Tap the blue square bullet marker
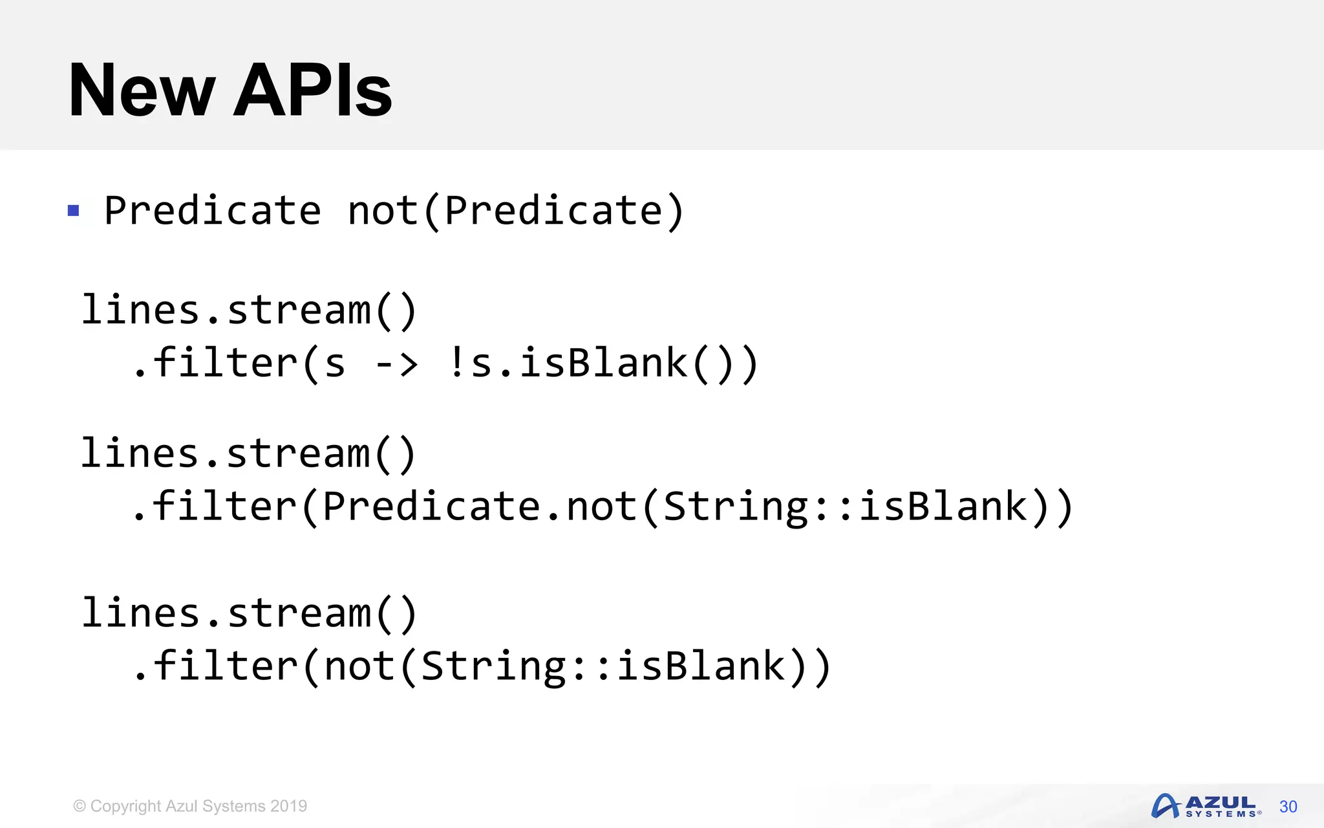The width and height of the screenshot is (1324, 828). tap(74, 211)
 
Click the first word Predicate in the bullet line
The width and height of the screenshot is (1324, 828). tap(213, 211)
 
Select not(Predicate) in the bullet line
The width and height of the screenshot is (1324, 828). tap(515, 211)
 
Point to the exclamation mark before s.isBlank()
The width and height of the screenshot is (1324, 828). tap(456, 362)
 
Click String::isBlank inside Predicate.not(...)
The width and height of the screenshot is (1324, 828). tap(844, 507)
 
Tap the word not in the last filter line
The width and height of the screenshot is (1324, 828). tap(359, 666)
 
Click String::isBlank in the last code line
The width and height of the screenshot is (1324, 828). tap(602, 666)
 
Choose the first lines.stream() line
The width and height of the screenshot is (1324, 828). tap(249, 310)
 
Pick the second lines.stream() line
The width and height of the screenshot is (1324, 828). tap(249, 453)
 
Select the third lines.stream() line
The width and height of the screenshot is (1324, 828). tap(249, 613)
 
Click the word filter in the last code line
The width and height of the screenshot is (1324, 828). tap(225, 666)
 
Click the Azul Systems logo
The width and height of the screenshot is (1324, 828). tap(1205, 806)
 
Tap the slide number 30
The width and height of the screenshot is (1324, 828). tap(1288, 807)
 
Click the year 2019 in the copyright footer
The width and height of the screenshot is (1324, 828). tap(288, 806)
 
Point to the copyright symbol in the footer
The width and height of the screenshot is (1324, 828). tap(80, 806)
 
